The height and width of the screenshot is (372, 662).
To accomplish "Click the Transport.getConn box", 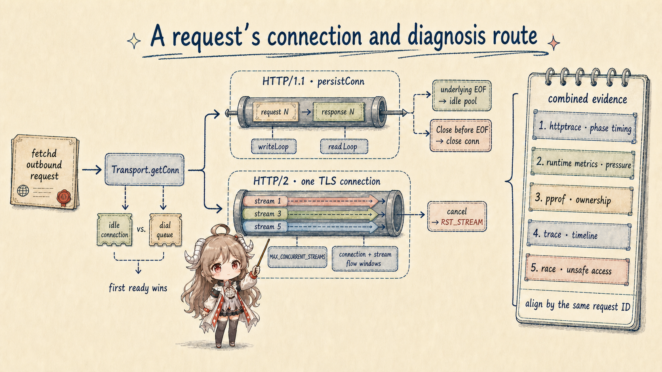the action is tap(145, 170).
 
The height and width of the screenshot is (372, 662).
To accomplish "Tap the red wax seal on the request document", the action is tap(63, 198).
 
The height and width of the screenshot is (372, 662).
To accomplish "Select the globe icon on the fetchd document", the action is tap(23, 191).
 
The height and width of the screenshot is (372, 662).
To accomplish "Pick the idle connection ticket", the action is tap(115, 230).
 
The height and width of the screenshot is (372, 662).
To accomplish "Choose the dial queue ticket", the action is tap(165, 230).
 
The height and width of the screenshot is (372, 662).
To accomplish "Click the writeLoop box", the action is tap(274, 147).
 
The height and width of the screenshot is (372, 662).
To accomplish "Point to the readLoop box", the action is tap(344, 147).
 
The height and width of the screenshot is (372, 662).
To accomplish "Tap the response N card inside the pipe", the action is tap(339, 112).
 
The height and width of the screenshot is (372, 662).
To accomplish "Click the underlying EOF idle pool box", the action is tap(462, 96).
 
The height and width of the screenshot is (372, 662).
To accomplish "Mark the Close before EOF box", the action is tap(460, 136).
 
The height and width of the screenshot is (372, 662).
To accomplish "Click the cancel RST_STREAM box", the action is tap(457, 217).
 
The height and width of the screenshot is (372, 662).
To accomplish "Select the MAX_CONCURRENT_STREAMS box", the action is tap(297, 257).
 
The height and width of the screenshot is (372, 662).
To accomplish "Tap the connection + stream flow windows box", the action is tap(365, 259).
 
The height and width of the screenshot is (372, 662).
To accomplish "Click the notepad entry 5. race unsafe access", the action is tap(577, 269).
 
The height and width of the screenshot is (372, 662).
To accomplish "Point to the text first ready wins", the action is tap(138, 288).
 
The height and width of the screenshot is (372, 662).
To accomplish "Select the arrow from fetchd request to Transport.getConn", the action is tap(91, 170).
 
